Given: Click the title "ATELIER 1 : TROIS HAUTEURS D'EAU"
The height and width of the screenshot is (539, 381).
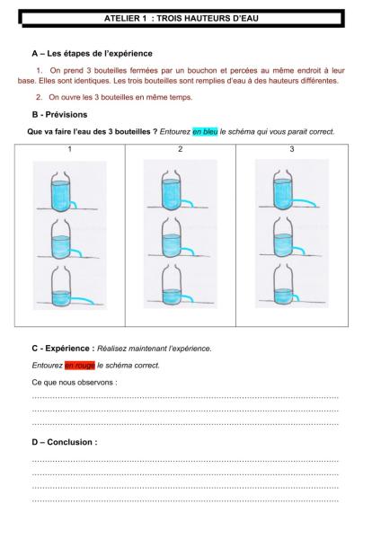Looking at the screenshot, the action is pos(182,18).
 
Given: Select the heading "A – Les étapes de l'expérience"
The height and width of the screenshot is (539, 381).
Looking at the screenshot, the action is pos(92,54).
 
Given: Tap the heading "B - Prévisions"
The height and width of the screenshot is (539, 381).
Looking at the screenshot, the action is pos(59,114).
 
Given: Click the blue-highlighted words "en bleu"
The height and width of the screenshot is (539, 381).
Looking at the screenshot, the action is pos(205,132).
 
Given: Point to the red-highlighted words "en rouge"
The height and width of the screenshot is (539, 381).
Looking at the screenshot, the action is pos(80,365).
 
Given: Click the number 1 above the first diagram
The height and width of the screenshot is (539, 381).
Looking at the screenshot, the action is pos(70,149).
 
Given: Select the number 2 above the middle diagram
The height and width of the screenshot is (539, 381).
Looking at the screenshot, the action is pos(181,149).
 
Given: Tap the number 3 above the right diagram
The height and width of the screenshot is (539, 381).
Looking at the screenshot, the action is pos(292,149).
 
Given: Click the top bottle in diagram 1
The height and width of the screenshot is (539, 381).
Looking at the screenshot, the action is pos(60,191).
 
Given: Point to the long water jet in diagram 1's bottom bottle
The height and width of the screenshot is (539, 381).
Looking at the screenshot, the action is pos(82,299).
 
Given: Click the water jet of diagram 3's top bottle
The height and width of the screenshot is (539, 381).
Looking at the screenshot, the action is pos(304,202).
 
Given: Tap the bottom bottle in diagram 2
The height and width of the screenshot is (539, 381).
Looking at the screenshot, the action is pos(172,285).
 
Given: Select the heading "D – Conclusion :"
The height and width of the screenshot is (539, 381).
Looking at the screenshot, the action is pos(65,442).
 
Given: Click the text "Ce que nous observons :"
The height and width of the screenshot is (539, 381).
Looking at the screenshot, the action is pos(75,383).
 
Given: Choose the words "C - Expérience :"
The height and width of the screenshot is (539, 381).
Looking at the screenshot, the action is pos(63,349).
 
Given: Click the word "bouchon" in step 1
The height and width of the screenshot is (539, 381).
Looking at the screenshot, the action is pos(202,71).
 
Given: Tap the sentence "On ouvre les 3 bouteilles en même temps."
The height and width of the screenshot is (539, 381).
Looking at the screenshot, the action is pos(120,97).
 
